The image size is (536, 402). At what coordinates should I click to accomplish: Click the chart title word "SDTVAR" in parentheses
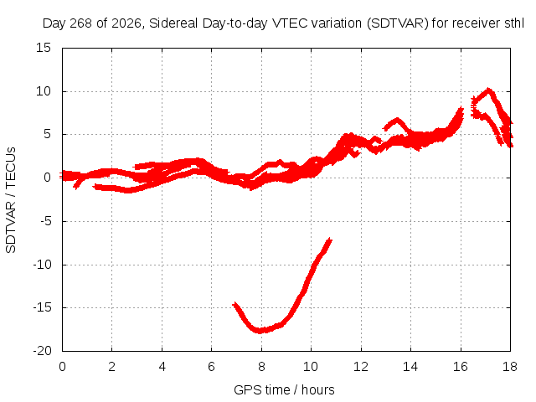click(397, 23)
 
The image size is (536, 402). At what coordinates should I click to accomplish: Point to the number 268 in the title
click(80, 23)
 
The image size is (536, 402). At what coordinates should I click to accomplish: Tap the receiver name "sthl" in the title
click(514, 23)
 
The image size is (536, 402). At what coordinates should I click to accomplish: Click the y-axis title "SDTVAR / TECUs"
click(11, 200)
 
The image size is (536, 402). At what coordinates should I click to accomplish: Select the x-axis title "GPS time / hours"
click(284, 389)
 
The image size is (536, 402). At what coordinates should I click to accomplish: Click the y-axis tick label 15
click(44, 48)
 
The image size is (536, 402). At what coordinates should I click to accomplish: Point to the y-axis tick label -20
click(42, 351)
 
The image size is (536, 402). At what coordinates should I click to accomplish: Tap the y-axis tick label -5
click(46, 221)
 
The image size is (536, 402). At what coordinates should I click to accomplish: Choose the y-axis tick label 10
click(44, 91)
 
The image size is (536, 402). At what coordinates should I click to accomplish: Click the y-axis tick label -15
click(42, 307)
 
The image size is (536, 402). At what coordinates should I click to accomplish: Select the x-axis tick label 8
click(261, 367)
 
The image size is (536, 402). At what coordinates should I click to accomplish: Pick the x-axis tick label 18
click(510, 367)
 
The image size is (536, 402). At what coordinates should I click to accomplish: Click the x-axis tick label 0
click(62, 367)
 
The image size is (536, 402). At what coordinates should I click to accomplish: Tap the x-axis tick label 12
click(361, 367)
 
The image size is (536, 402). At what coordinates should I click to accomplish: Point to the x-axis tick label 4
click(162, 367)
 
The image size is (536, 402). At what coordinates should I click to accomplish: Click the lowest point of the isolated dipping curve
click(260, 331)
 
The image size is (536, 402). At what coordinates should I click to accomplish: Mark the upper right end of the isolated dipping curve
click(330, 240)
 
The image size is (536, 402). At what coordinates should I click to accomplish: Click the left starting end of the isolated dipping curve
click(234, 304)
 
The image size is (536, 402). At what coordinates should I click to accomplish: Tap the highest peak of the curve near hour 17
click(488, 90)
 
